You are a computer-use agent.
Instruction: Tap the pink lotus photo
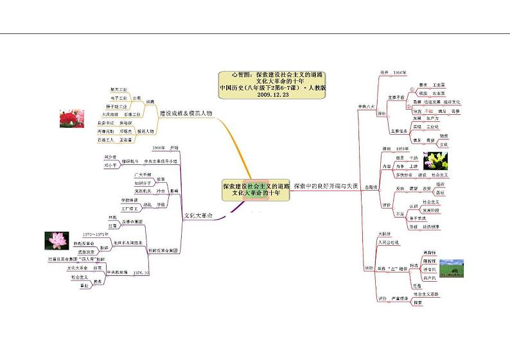(57, 240)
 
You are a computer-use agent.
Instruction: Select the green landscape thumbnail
(452, 268)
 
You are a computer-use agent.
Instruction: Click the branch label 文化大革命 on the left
(198, 215)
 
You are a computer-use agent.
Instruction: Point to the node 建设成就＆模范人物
(186, 113)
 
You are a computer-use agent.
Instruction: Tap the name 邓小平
(110, 165)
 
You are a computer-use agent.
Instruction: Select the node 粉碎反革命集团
(163, 250)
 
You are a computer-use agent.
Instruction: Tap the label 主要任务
(396, 131)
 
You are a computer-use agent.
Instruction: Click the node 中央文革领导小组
(160, 161)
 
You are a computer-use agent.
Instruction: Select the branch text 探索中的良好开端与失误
(326, 185)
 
